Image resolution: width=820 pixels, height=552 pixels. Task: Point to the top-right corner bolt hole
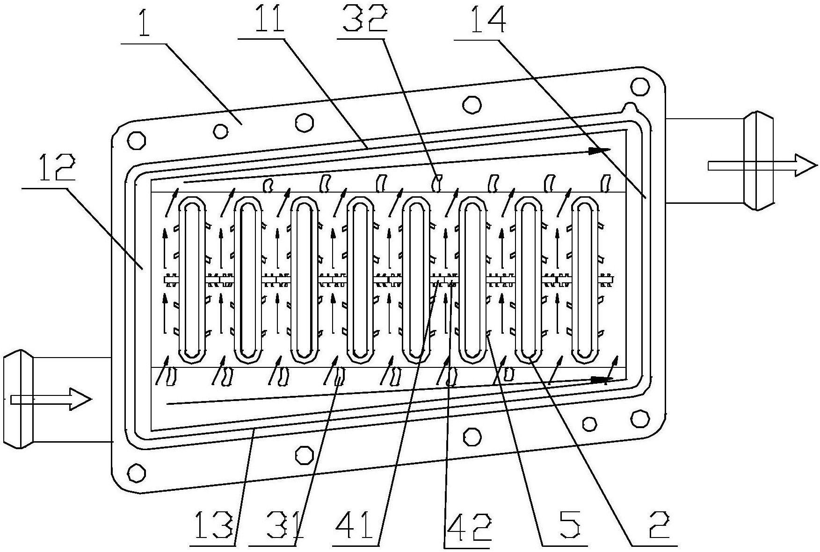(x=639, y=86)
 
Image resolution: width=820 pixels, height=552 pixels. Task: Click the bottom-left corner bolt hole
(x=137, y=472)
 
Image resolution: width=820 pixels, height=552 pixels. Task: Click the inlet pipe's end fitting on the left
(x=18, y=399)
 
